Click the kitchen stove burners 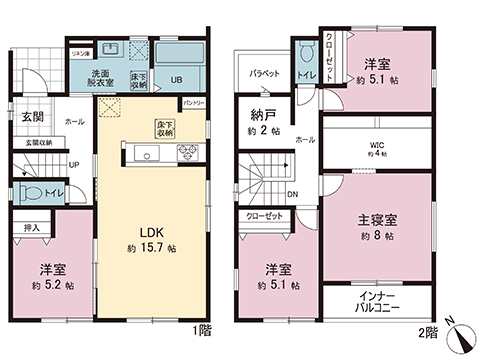tap(186, 153)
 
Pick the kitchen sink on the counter tap(144, 154)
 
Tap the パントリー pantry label tap(192, 103)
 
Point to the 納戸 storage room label tap(262, 112)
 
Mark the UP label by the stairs tap(73, 164)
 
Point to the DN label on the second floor tap(292, 194)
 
